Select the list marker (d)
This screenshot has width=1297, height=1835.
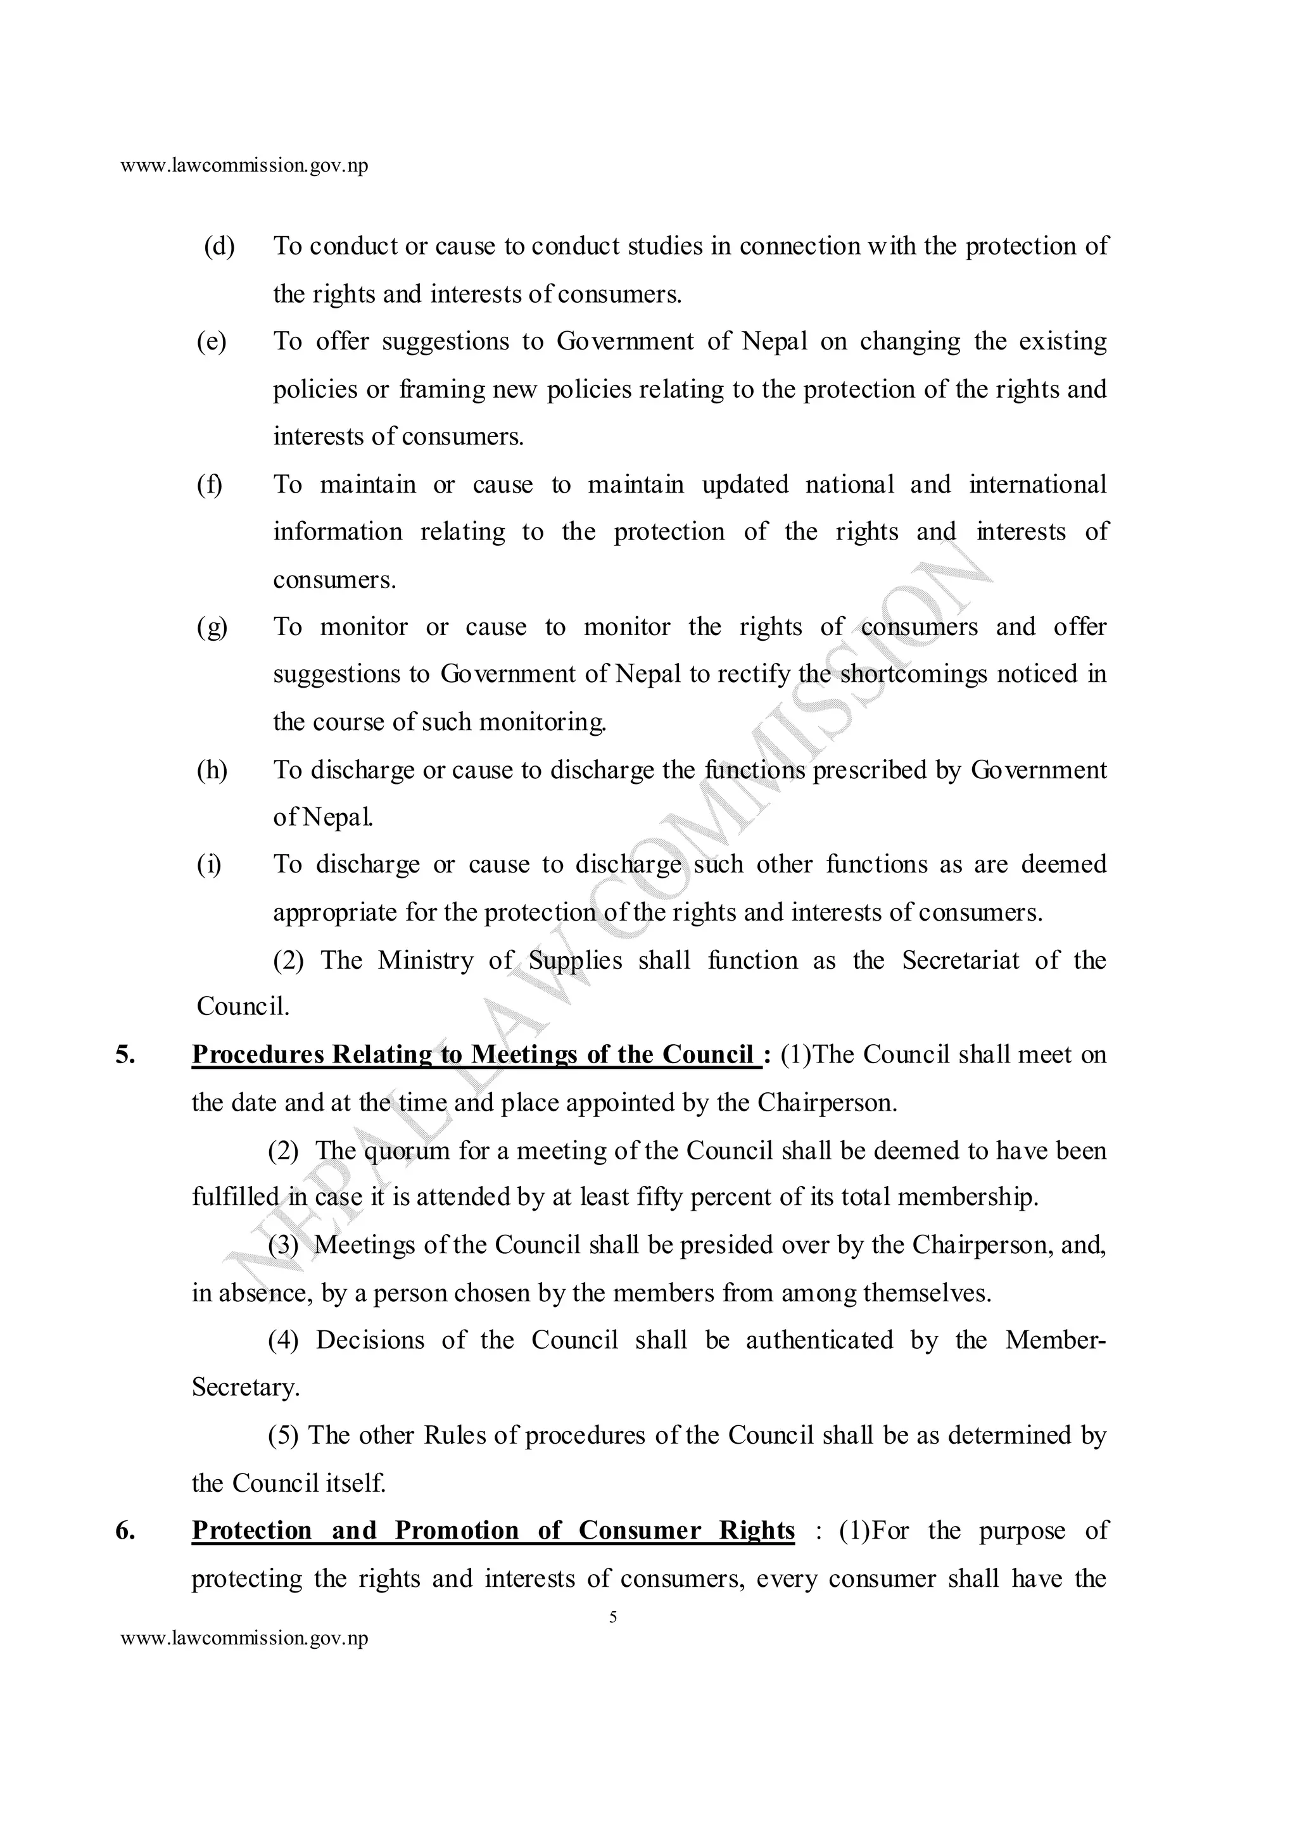[219, 246]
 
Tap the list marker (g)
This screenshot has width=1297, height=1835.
[212, 627]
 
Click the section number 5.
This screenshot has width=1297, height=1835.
[125, 1055]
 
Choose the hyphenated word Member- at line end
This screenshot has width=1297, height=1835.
[1056, 1340]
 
